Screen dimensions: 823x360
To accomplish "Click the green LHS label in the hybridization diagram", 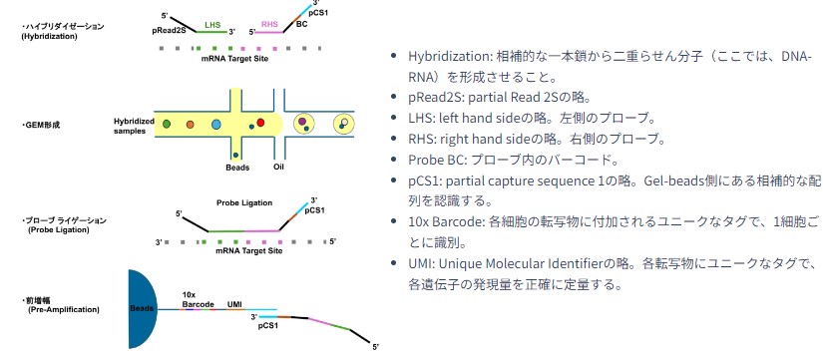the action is click(x=213, y=25).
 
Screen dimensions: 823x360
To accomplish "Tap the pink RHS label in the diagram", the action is click(x=269, y=23).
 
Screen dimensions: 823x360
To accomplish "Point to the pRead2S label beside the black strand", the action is click(x=169, y=31).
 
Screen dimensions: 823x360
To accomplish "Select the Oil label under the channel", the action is click(x=279, y=168).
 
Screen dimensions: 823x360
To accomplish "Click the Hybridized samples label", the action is click(x=134, y=126).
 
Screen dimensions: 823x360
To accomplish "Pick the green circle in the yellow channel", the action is click(x=167, y=125).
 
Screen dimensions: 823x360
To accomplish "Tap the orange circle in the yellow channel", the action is click(x=190, y=125).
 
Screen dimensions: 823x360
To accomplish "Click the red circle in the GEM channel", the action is click(x=260, y=123).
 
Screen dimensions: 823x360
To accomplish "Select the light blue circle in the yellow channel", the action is click(x=215, y=125).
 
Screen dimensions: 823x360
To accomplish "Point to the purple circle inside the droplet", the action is click(x=302, y=122).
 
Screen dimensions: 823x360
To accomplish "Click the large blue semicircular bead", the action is click(x=142, y=309).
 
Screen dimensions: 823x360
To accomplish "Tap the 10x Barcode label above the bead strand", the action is click(x=198, y=300).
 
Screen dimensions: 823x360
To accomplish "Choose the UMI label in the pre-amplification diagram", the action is click(x=234, y=304).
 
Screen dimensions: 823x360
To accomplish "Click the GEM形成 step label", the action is click(x=41, y=126).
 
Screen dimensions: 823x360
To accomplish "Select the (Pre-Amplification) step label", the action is click(x=64, y=309).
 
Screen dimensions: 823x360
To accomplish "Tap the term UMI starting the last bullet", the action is click(x=418, y=263).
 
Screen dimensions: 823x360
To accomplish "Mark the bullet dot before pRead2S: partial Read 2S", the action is click(x=394, y=97).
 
